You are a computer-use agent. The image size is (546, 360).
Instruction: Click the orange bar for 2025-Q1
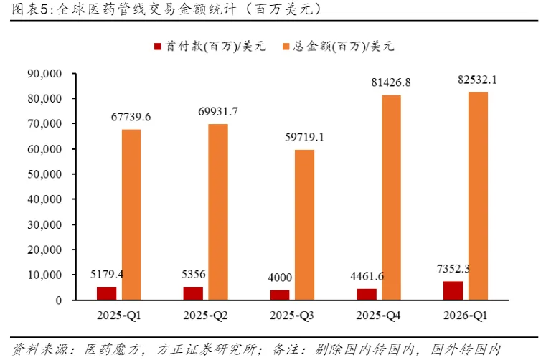point(131,214)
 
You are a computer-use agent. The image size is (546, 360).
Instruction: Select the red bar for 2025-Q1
point(107,293)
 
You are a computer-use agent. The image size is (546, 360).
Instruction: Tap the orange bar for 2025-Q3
point(304,224)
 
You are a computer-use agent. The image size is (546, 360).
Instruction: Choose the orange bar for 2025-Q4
point(391,197)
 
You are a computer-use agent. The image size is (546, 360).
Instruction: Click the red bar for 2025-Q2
point(194,293)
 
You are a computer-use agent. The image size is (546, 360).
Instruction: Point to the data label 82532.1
point(477,80)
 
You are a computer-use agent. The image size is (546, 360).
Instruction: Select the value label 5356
point(194,274)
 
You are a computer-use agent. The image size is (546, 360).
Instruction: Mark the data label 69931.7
point(218,111)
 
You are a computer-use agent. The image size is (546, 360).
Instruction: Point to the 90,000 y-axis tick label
point(45,73)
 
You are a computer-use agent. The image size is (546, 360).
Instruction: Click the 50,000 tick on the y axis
point(45,174)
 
